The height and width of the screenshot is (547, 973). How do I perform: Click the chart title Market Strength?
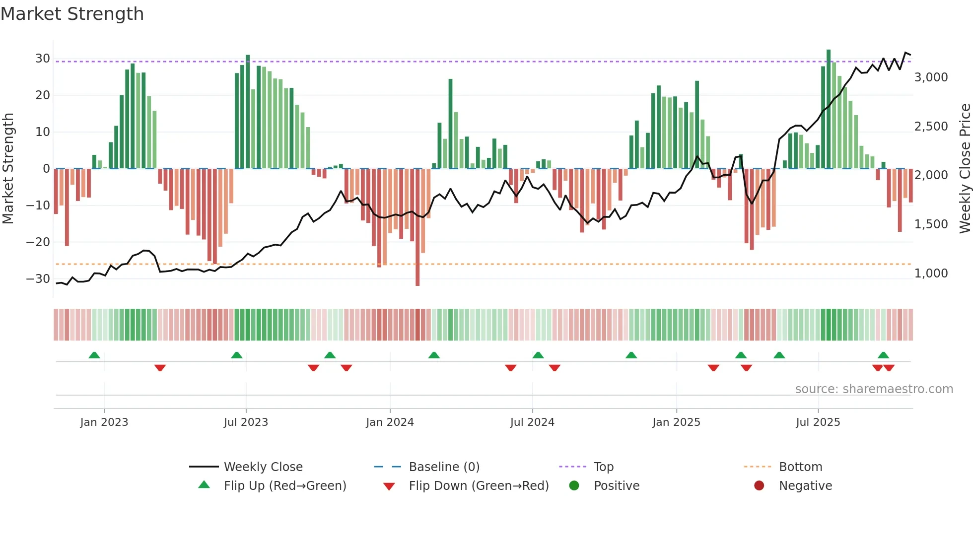72,14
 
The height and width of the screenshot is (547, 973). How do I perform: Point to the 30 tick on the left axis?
43,59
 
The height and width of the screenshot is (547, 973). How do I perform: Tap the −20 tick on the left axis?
38,242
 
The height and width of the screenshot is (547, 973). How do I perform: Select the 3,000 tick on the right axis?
931,77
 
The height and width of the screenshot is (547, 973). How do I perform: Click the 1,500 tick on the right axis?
931,224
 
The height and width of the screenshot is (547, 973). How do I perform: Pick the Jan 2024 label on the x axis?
390,422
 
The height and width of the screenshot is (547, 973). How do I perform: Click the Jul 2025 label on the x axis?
818,422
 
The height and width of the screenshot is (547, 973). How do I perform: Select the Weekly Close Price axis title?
965,169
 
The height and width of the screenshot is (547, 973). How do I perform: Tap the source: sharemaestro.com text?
874,389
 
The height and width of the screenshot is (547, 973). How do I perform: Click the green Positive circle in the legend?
574,486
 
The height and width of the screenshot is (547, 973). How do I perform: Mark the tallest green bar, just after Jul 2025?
829,109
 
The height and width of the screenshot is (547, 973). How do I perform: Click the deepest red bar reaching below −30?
417,228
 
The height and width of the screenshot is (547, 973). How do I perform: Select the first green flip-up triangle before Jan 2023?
94,355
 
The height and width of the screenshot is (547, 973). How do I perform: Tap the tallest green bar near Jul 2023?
248,112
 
